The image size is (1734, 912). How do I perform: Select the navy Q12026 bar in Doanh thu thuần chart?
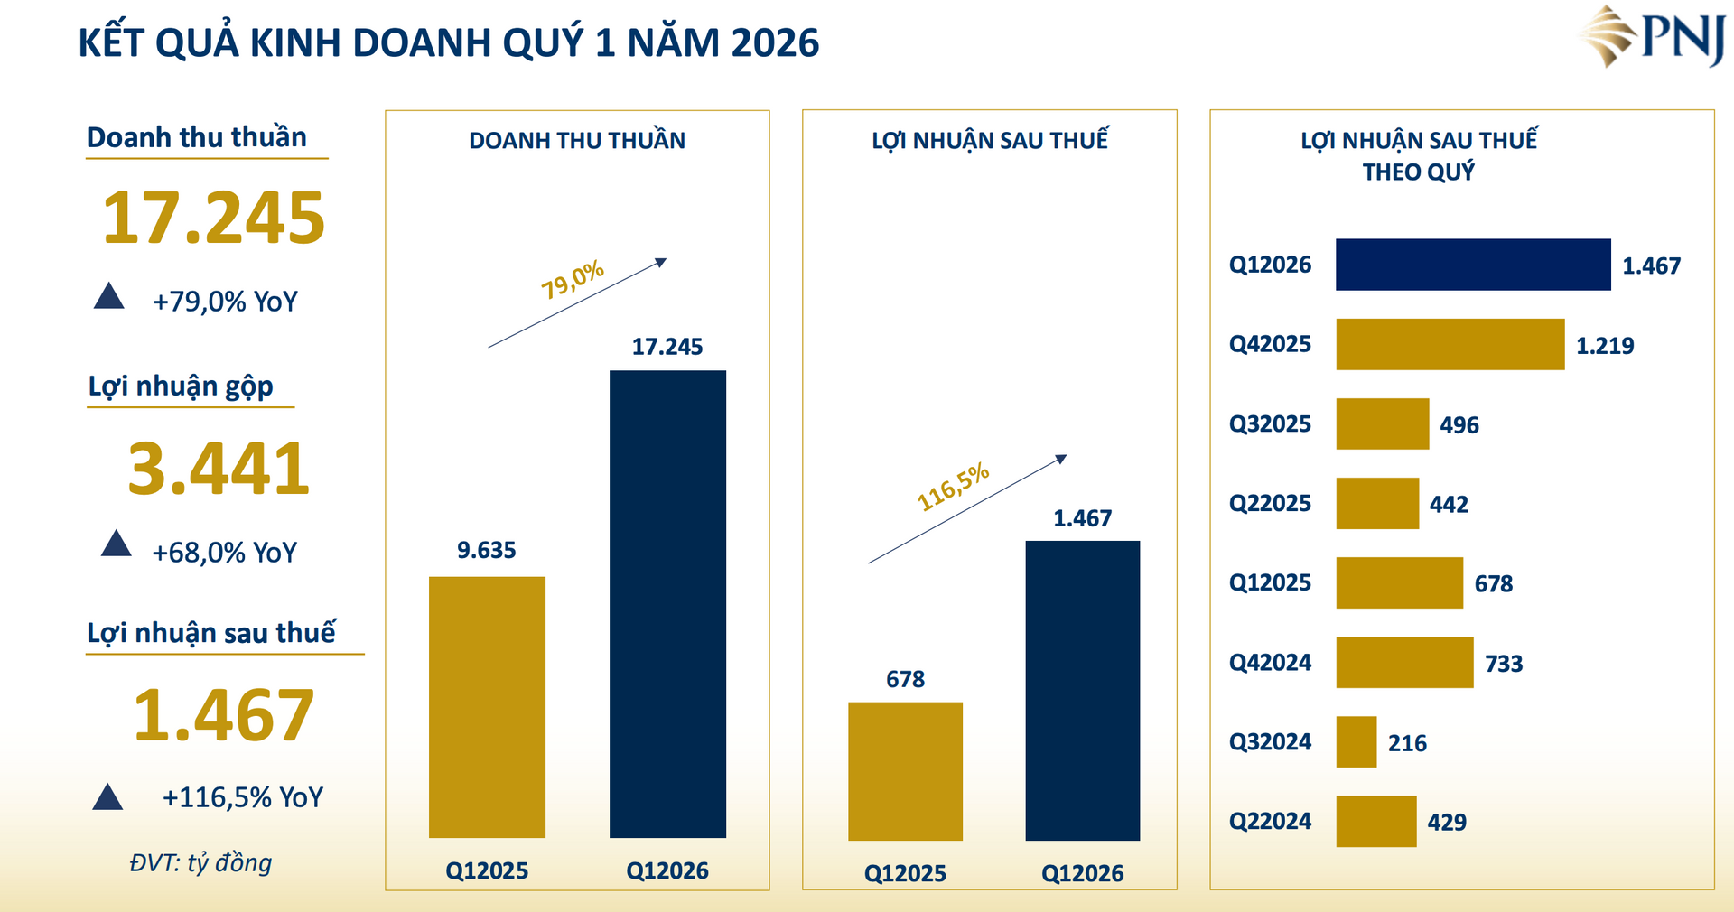[x=667, y=603]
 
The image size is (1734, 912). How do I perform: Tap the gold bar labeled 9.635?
[x=487, y=706]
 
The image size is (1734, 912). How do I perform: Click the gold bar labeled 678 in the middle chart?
[x=905, y=770]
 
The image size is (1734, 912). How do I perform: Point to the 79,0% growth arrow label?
[x=572, y=280]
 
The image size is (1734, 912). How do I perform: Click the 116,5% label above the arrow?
[x=953, y=487]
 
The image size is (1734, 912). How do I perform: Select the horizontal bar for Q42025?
[x=1450, y=344]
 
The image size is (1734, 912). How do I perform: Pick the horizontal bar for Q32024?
[x=1356, y=742]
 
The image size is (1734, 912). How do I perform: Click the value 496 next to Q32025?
[x=1459, y=425]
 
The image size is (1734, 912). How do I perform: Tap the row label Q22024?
[x=1269, y=822]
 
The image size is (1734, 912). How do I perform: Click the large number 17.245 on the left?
[x=213, y=219]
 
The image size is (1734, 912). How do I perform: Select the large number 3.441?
[x=219, y=469]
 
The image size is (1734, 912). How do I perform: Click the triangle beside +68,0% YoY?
[x=116, y=544]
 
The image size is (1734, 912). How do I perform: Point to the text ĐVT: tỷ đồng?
[x=200, y=862]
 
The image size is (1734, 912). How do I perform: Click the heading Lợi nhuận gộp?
[x=181, y=386]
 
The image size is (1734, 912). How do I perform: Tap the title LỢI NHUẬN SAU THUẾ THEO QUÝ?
[x=1418, y=155]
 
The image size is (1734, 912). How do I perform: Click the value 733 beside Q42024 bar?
[x=1503, y=664]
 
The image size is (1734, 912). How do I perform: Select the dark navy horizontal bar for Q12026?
[x=1472, y=265]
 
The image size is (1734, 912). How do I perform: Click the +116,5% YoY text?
[x=242, y=797]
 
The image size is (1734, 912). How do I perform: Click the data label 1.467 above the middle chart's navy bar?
[x=1082, y=518]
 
